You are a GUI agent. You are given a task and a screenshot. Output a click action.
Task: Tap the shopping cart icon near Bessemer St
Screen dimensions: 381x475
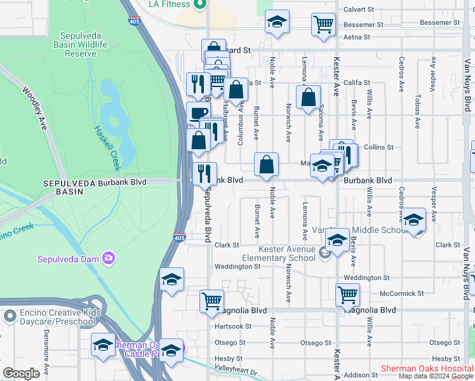click(323, 25)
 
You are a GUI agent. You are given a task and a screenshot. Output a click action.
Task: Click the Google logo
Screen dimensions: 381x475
click(21, 373)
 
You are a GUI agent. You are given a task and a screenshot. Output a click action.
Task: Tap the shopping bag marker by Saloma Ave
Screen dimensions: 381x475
click(308, 98)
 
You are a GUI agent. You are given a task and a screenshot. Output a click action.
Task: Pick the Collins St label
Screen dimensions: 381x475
click(379, 147)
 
